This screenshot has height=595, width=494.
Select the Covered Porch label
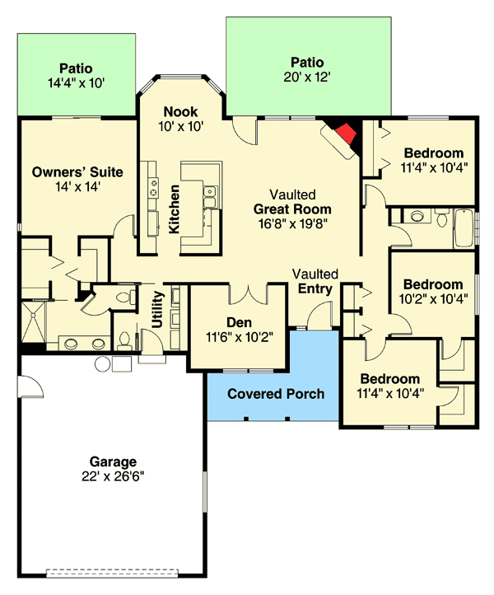pyautogui.click(x=276, y=393)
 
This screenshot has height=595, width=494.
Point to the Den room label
pyautogui.click(x=239, y=322)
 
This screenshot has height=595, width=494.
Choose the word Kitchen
pyautogui.click(x=175, y=209)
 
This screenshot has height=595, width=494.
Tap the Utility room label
pyautogui.click(x=157, y=310)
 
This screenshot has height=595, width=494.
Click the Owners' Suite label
pyautogui.click(x=77, y=172)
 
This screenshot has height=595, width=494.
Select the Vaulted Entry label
pyautogui.click(x=315, y=281)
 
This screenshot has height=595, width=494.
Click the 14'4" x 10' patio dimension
pyautogui.click(x=76, y=82)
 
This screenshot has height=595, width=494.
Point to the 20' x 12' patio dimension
pyautogui.click(x=307, y=77)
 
